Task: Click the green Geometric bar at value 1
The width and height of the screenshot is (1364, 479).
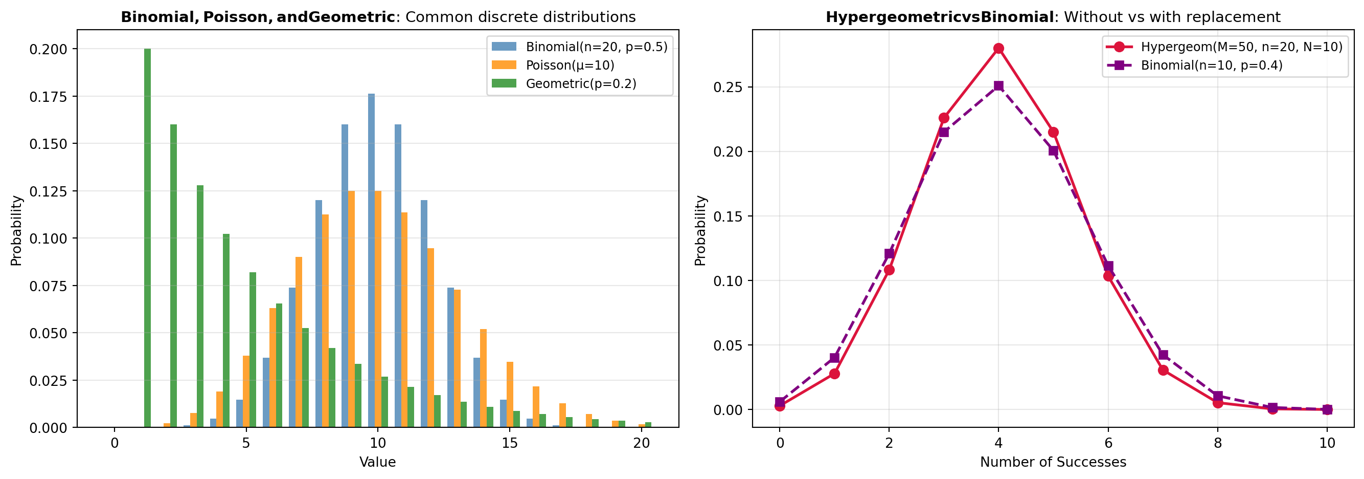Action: coord(147,238)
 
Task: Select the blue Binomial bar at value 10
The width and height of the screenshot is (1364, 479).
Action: coord(371,260)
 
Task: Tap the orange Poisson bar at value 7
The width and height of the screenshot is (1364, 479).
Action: coord(299,342)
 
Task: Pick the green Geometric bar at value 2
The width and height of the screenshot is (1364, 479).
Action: coord(174,275)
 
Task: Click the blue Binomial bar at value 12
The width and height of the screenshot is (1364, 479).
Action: coord(424,313)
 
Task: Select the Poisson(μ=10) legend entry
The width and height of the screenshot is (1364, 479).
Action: coord(570,65)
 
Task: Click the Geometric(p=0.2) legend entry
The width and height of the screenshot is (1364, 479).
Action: coord(580,84)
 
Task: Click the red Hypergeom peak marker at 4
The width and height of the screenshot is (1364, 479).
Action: coord(998,49)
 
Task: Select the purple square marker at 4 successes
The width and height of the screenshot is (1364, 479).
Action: coord(998,86)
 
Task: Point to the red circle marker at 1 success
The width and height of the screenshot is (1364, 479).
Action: coord(834,374)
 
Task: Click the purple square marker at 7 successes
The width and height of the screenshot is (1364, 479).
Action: coord(1163,355)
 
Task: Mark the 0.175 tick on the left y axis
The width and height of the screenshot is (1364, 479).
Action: coord(48,96)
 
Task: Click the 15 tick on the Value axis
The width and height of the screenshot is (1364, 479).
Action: coord(509,443)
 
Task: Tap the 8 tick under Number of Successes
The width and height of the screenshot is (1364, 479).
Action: coord(1218,443)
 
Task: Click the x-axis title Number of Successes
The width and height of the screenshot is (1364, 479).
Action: coord(1053,462)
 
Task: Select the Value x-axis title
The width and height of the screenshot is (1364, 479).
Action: coord(377,462)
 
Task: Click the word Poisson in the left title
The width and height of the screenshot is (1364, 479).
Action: coord(237,17)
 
